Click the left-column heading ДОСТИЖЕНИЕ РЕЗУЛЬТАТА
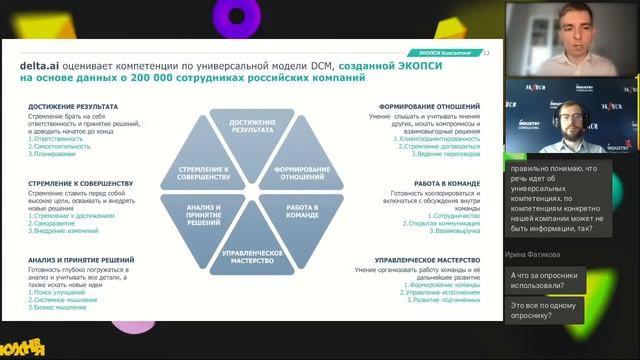pos(74,106)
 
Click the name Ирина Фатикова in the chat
pos(535,256)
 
